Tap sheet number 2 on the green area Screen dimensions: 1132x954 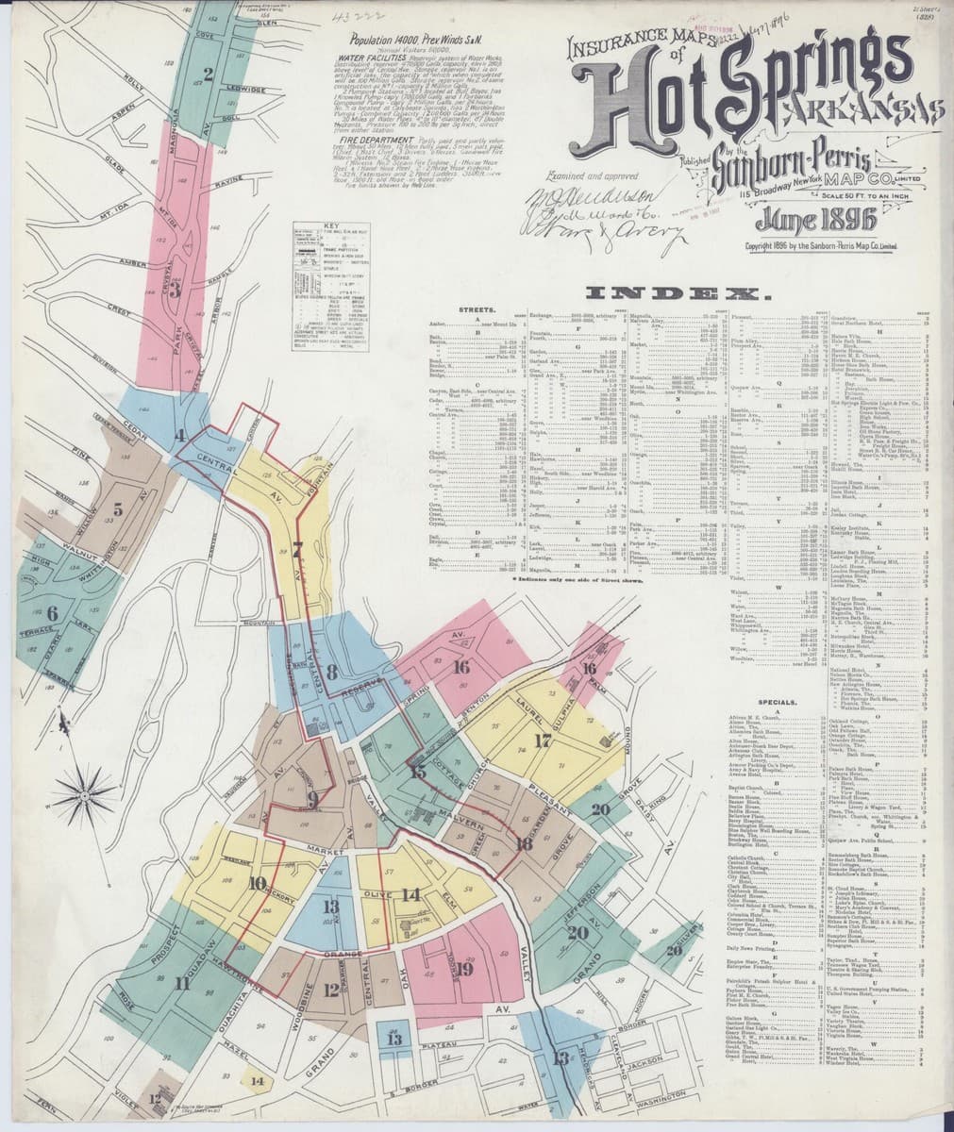208,73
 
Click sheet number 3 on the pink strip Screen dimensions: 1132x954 174,290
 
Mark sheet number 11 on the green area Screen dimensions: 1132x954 180,984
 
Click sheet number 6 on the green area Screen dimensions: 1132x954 52,613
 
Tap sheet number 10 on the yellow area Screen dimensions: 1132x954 256,884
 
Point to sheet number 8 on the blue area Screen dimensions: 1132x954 331,673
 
